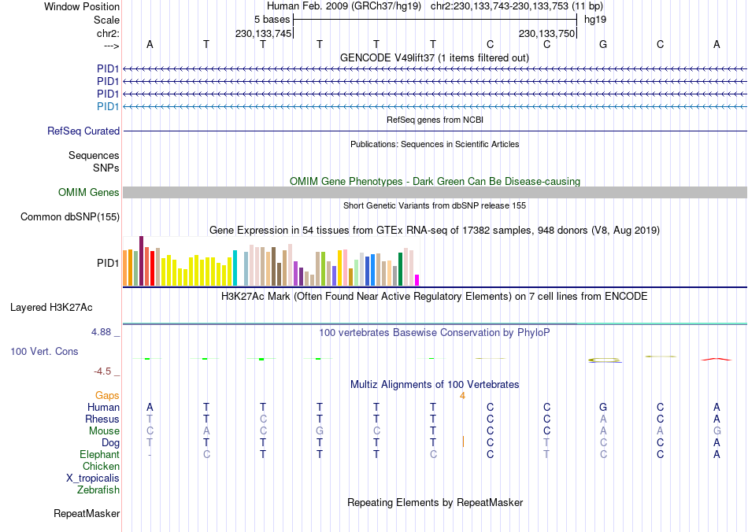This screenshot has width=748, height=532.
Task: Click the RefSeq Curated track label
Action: pos(83,131)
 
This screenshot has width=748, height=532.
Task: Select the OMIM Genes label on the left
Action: pos(89,193)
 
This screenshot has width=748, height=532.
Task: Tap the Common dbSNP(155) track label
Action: pos(70,217)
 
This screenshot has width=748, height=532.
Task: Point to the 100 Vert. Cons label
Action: pos(44,351)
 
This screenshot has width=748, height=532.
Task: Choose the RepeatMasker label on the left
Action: pos(87,514)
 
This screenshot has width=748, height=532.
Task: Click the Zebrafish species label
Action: pos(98,490)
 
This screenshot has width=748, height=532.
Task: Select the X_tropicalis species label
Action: pos(93,478)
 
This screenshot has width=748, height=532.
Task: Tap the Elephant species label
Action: pos(99,455)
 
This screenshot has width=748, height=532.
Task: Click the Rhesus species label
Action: pos(102,419)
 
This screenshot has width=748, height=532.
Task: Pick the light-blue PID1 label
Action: pos(108,106)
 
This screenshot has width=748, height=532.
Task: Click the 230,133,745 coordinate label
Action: pos(264,34)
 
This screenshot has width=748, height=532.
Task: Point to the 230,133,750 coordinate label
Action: pos(546,34)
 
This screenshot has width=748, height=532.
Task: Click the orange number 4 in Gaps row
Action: pos(463,396)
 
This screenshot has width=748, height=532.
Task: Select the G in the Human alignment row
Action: pos(603,408)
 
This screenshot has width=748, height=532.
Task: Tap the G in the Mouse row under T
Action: pos(320,431)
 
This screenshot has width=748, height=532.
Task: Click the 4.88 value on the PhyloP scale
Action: pos(105,332)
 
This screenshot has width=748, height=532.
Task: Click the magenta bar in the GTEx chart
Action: pos(417,279)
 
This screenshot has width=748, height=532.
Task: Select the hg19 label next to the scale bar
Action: pos(594,19)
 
